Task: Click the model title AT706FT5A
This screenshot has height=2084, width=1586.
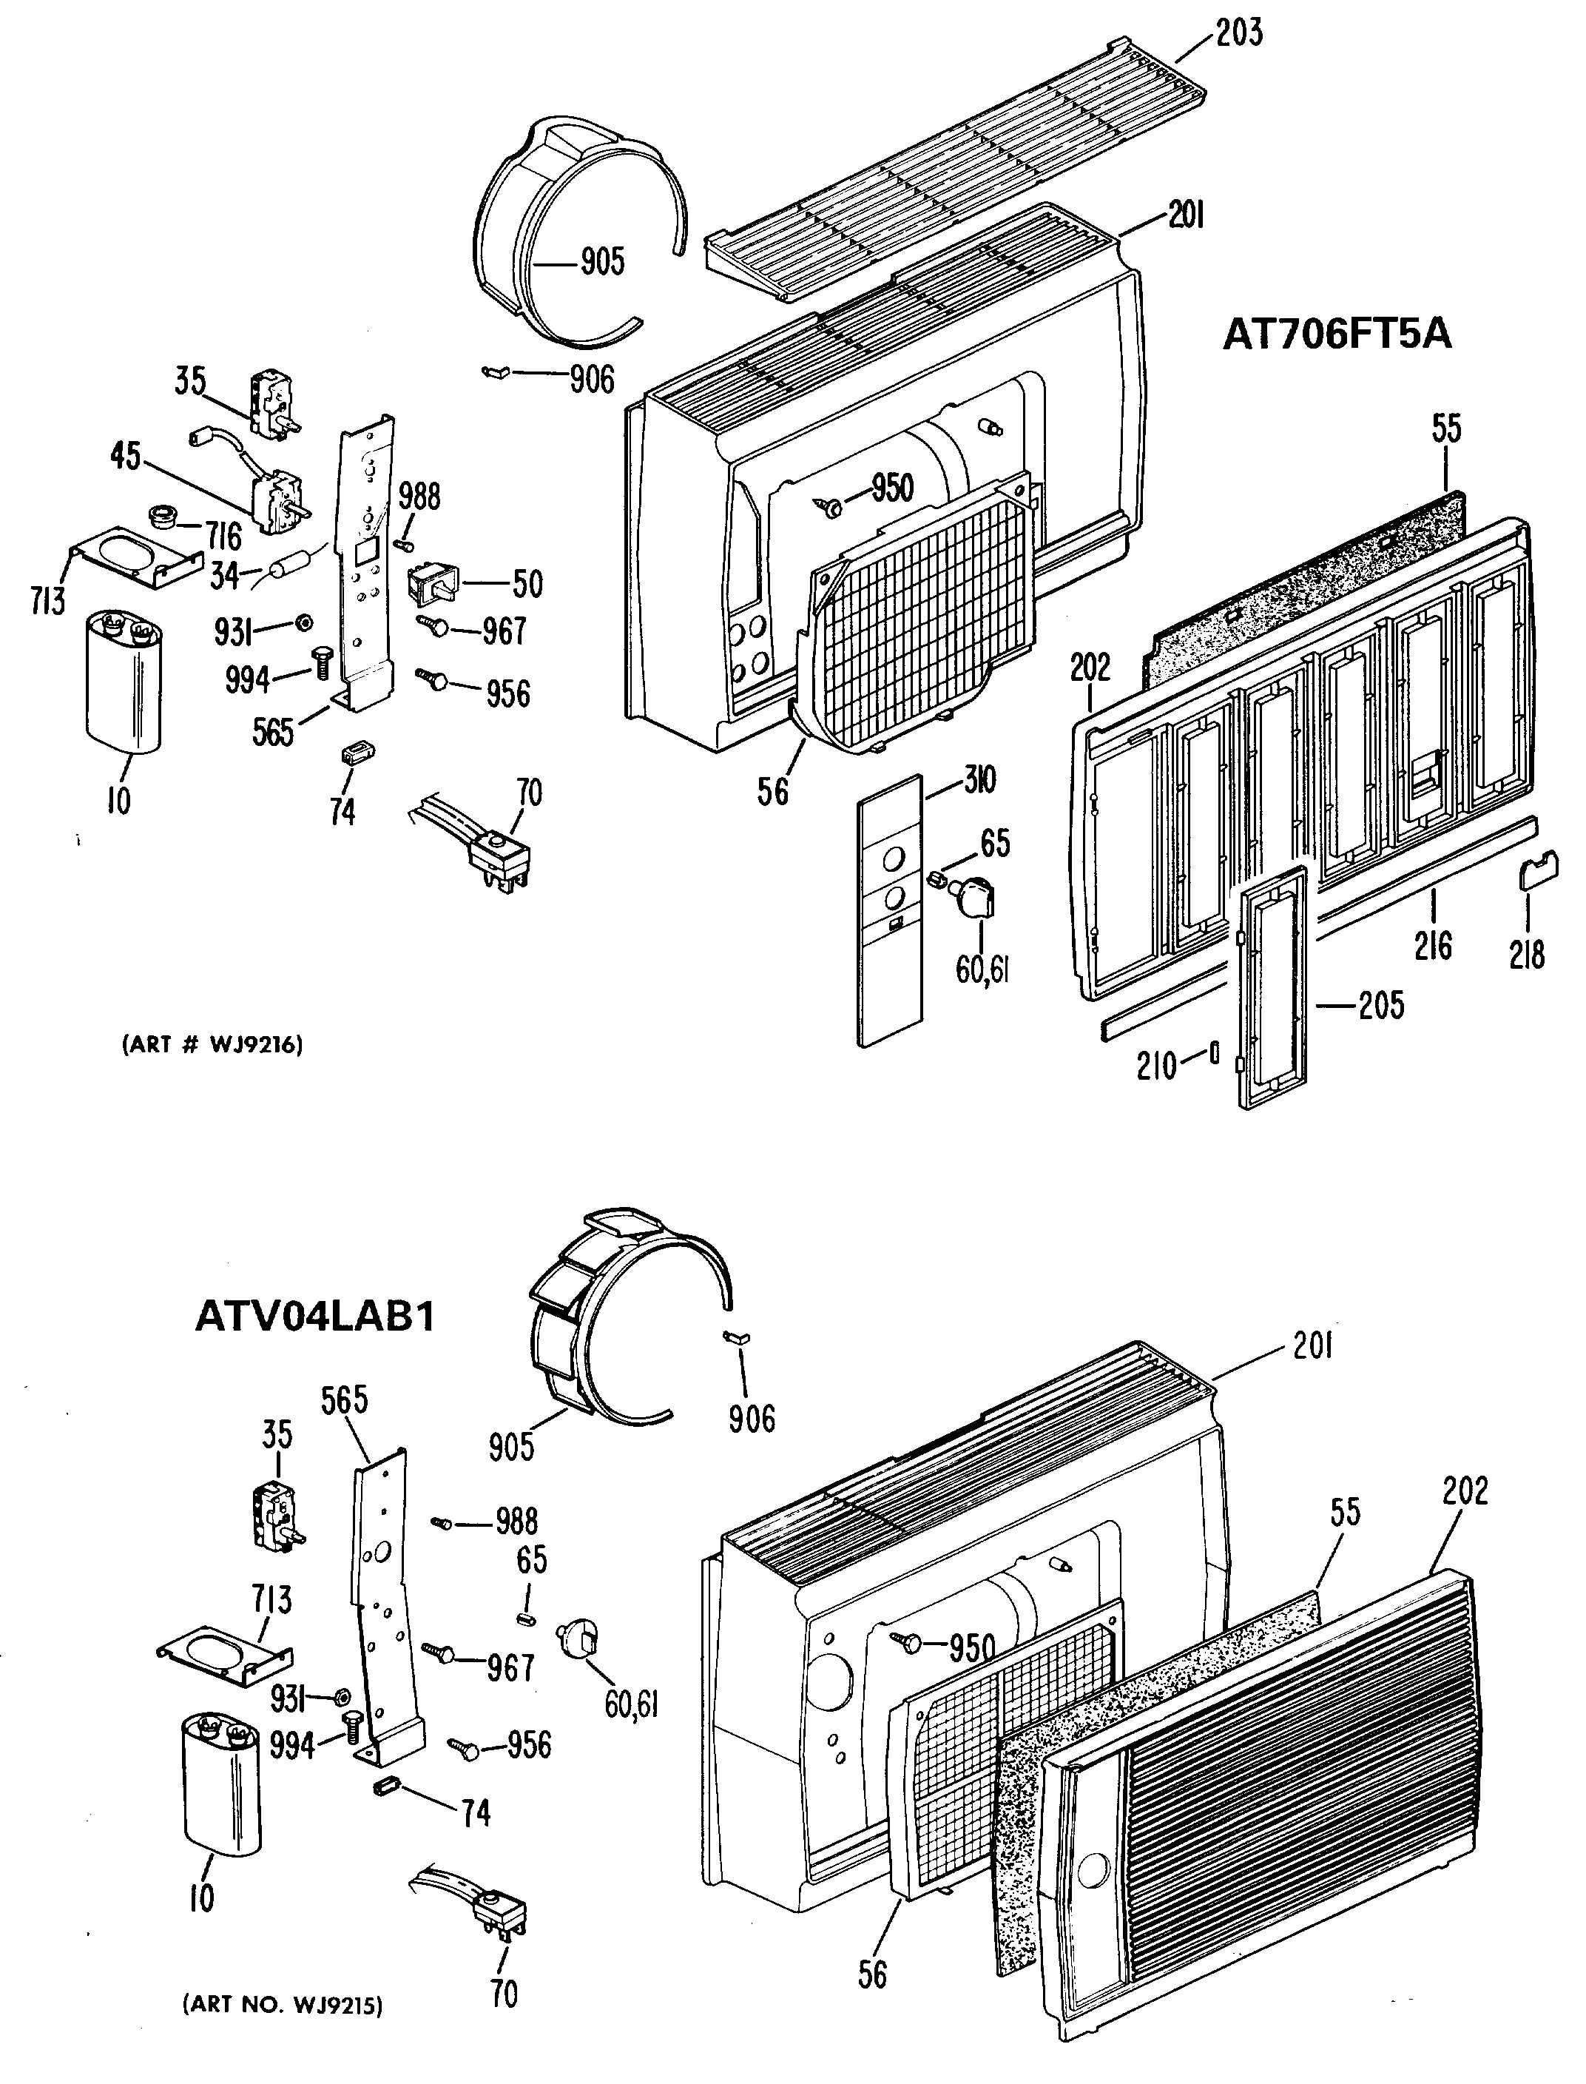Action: [x=1337, y=335]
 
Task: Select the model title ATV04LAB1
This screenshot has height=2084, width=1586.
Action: [x=315, y=1317]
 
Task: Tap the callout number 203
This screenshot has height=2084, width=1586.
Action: [x=1238, y=33]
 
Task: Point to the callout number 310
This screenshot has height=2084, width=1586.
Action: [x=980, y=781]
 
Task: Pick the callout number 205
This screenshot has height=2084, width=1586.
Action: [x=1381, y=1006]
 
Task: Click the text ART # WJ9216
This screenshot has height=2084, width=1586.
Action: [x=212, y=1044]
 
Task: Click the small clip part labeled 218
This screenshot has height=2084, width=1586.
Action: [x=1535, y=867]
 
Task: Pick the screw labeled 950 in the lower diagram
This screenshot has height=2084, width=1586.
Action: [x=912, y=1644]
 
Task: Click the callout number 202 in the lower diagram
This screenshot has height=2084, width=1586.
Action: [x=1464, y=1490]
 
